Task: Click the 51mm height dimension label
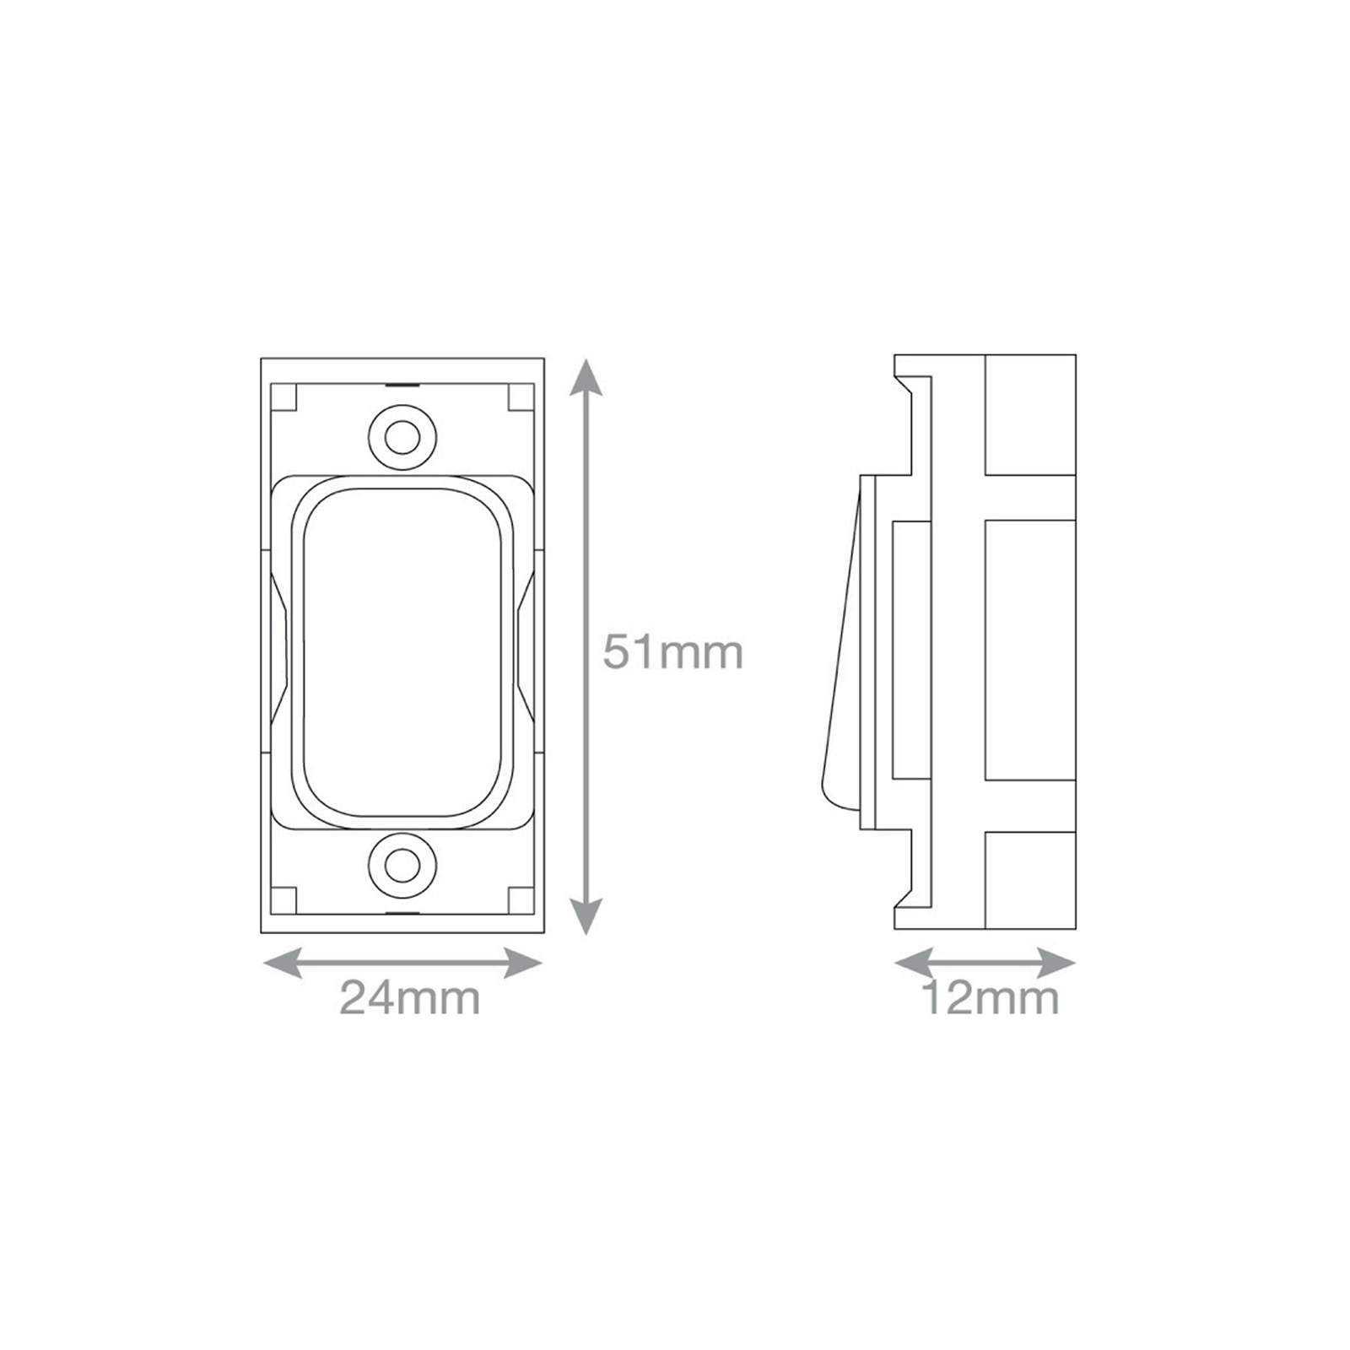[672, 652]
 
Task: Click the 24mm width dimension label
[410, 998]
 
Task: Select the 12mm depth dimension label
[991, 998]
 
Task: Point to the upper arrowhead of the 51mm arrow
[586, 376]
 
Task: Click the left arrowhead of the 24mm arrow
[282, 963]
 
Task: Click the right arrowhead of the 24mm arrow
[523, 963]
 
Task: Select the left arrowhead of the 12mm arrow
[914, 963]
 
